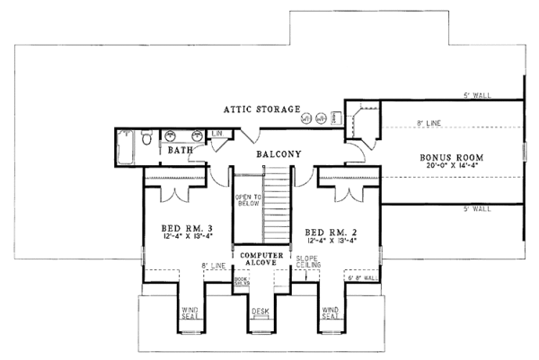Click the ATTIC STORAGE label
(262, 110)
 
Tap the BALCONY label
(277, 154)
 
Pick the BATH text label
(180, 150)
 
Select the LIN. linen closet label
(216, 135)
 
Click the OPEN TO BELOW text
(247, 203)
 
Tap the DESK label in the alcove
(260, 312)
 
